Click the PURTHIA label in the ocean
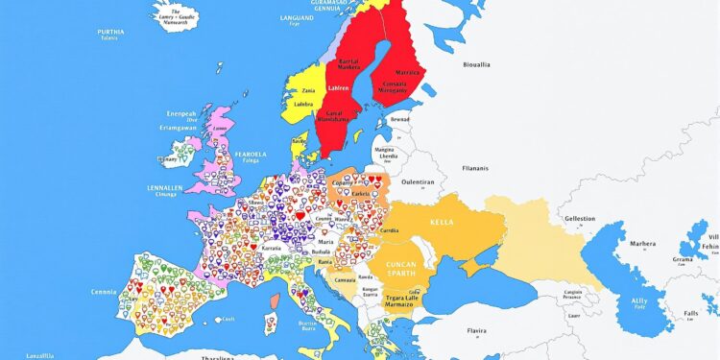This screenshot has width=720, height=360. coord(110,32)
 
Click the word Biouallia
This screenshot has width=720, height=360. coord(476,65)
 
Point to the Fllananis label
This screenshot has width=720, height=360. coord(476,167)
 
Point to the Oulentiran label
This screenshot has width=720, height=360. coord(418,180)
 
